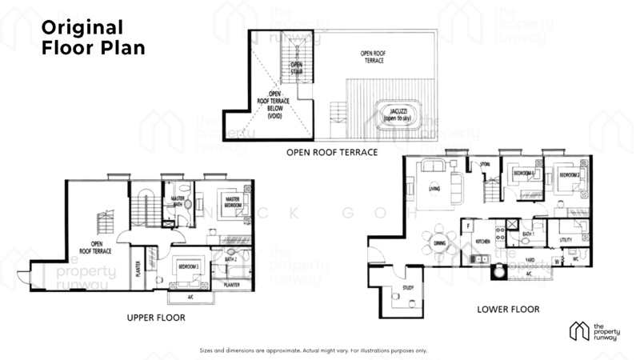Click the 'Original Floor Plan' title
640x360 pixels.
click(x=93, y=38)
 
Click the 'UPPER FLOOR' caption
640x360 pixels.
click(x=156, y=318)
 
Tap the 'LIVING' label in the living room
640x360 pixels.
click(x=434, y=190)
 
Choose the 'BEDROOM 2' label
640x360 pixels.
click(x=569, y=174)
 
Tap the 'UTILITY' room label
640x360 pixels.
click(x=566, y=239)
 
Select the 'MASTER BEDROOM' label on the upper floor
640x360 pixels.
click(x=233, y=201)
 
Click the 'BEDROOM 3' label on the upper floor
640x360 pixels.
click(x=189, y=266)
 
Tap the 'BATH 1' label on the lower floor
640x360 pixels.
click(x=527, y=234)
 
